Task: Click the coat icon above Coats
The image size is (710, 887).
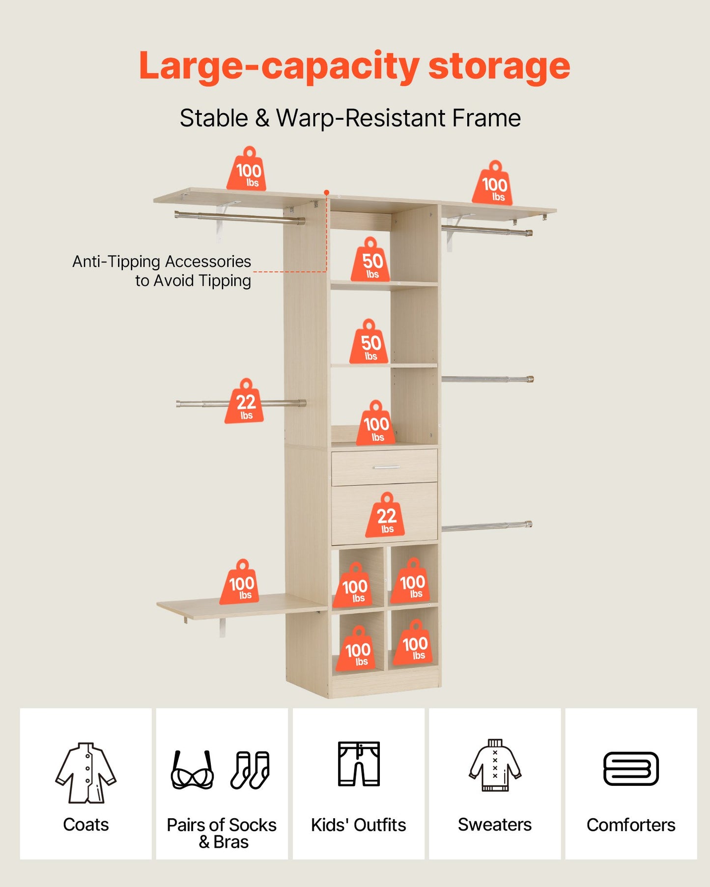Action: (x=86, y=773)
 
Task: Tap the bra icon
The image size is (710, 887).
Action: (x=192, y=770)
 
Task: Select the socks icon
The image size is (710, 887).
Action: (x=250, y=770)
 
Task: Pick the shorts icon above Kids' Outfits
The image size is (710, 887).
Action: (x=359, y=764)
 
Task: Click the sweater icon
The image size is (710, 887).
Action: (x=495, y=765)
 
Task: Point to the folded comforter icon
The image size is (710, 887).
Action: (x=631, y=769)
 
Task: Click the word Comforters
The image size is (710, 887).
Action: (x=631, y=825)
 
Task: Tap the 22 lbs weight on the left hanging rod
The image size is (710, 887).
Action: (x=245, y=401)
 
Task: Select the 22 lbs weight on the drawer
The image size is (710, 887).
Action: (x=386, y=515)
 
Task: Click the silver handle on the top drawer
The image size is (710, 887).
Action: (x=387, y=467)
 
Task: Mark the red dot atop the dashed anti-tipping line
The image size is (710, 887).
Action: (x=326, y=193)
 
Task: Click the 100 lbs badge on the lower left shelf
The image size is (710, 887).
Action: (x=240, y=582)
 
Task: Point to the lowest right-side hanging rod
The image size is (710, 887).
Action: (x=487, y=527)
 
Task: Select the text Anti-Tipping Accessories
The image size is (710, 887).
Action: (x=162, y=261)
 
